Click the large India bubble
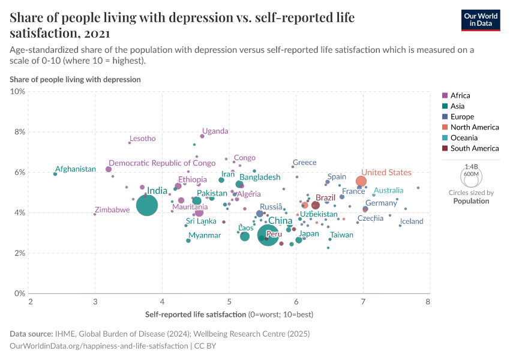click(x=147, y=205)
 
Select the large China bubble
click(x=268, y=235)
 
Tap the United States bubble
click(x=361, y=181)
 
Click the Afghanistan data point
click(x=55, y=174)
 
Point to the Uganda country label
click(x=215, y=131)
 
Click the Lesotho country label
click(x=142, y=139)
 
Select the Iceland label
click(x=412, y=221)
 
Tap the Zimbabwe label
click(x=112, y=210)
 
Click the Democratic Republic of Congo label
click(x=162, y=163)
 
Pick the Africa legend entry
click(x=460, y=95)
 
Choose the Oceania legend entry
click(x=463, y=137)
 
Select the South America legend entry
click(x=474, y=148)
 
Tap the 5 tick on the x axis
click(x=229, y=301)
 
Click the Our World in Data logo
click(x=481, y=19)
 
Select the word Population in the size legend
click(x=471, y=201)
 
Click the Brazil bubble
click(x=316, y=205)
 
